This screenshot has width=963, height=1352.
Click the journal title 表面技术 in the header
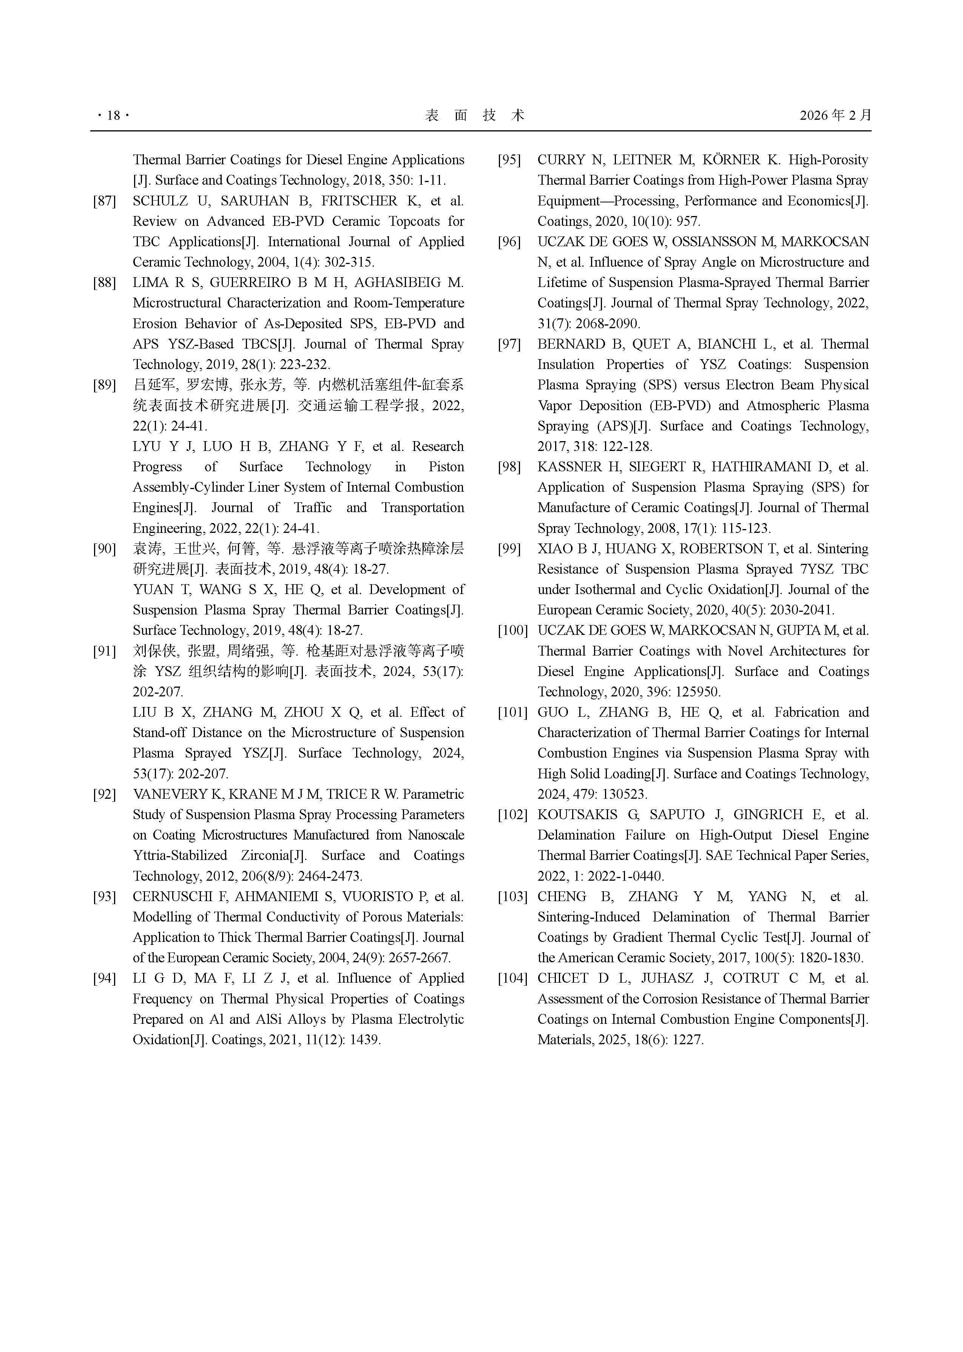coord(474,116)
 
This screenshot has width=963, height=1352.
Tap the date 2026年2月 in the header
coord(835,115)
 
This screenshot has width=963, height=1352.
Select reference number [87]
coord(104,201)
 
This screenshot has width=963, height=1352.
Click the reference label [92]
coord(104,794)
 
